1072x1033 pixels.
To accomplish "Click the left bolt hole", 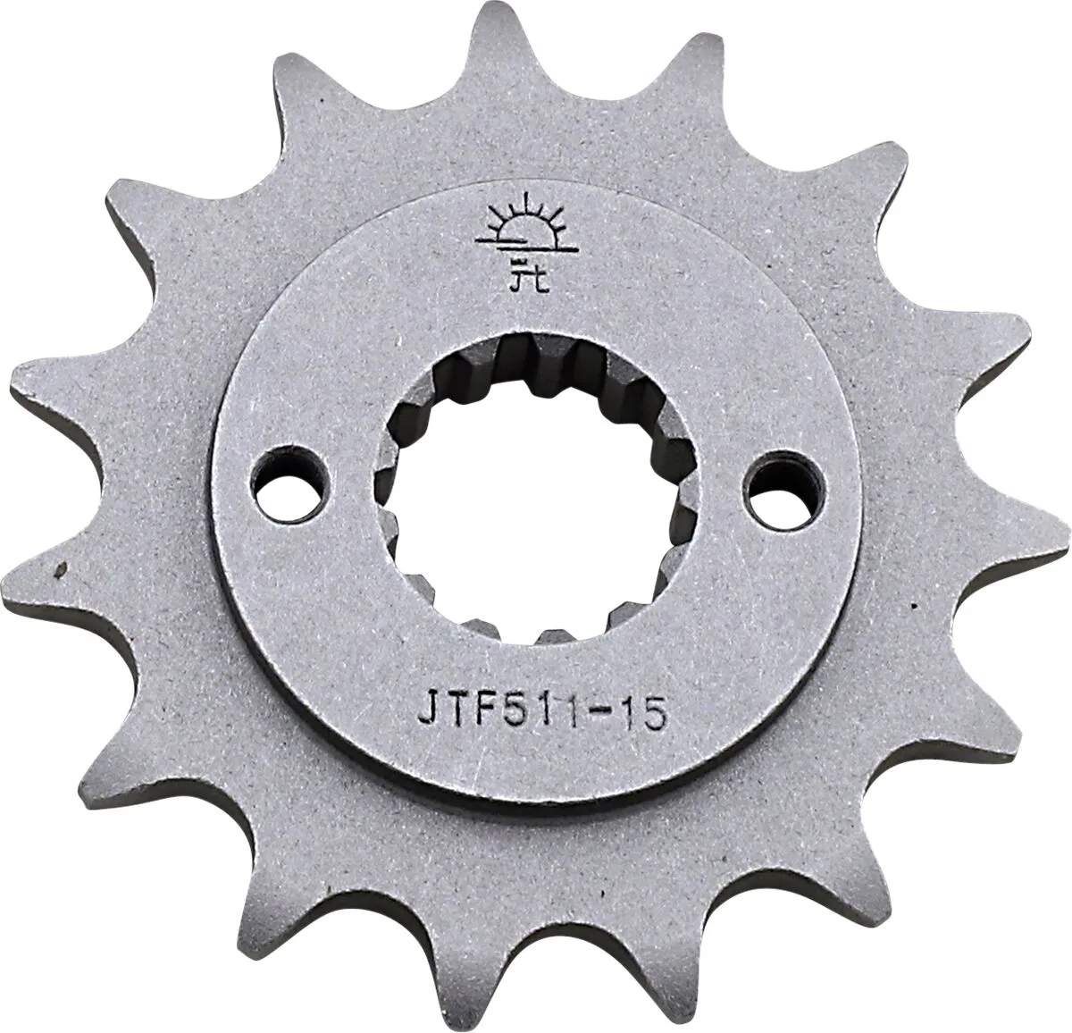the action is click(292, 484).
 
